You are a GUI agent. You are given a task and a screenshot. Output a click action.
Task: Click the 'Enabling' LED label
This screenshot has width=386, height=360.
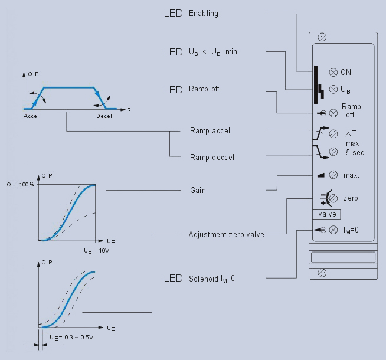point(203,13)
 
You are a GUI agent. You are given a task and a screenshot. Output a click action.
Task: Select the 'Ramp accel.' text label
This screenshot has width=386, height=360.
point(210,130)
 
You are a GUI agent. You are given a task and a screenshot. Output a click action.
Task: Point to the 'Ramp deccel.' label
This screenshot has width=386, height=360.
point(212,157)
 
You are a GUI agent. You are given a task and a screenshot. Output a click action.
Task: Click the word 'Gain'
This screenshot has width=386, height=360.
point(197,191)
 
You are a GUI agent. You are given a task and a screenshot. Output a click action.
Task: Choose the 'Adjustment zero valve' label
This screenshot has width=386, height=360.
point(226,234)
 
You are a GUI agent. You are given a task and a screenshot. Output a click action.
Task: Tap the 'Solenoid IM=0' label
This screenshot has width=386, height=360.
point(211,278)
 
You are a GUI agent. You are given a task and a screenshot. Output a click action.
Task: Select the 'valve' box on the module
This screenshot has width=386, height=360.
point(327,214)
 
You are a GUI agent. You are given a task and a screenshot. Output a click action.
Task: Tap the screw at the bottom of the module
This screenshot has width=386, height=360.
point(322,272)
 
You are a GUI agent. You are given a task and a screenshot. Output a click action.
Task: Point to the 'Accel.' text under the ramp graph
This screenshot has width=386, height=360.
point(32,116)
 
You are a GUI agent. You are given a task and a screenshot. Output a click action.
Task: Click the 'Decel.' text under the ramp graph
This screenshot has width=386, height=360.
point(105,116)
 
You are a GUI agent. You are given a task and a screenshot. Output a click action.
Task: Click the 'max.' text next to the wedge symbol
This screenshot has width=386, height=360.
point(351,175)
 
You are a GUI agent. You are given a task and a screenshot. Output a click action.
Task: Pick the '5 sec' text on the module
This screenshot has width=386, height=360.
point(355,152)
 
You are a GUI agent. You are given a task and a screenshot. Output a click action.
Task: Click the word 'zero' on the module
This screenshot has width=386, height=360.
point(350,198)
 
